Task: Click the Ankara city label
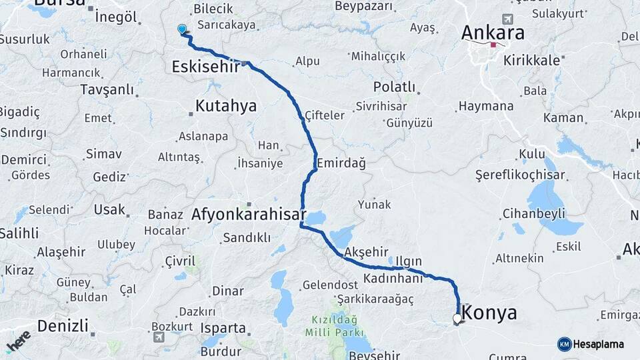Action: pos(493,33)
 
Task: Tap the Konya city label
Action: pos(489,312)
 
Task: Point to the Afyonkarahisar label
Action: pos(248,215)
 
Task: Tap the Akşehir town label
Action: pos(367,253)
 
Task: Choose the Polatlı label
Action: pos(394,87)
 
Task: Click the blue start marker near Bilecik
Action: pos(182,29)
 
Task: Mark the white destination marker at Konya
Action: pos(457,319)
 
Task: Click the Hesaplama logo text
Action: pos(598,344)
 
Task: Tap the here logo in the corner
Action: pos(19,341)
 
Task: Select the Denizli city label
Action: pos(63,326)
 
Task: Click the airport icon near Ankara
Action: pos(509,18)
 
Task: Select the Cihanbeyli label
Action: pos(533,214)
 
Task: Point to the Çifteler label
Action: pos(325,115)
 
